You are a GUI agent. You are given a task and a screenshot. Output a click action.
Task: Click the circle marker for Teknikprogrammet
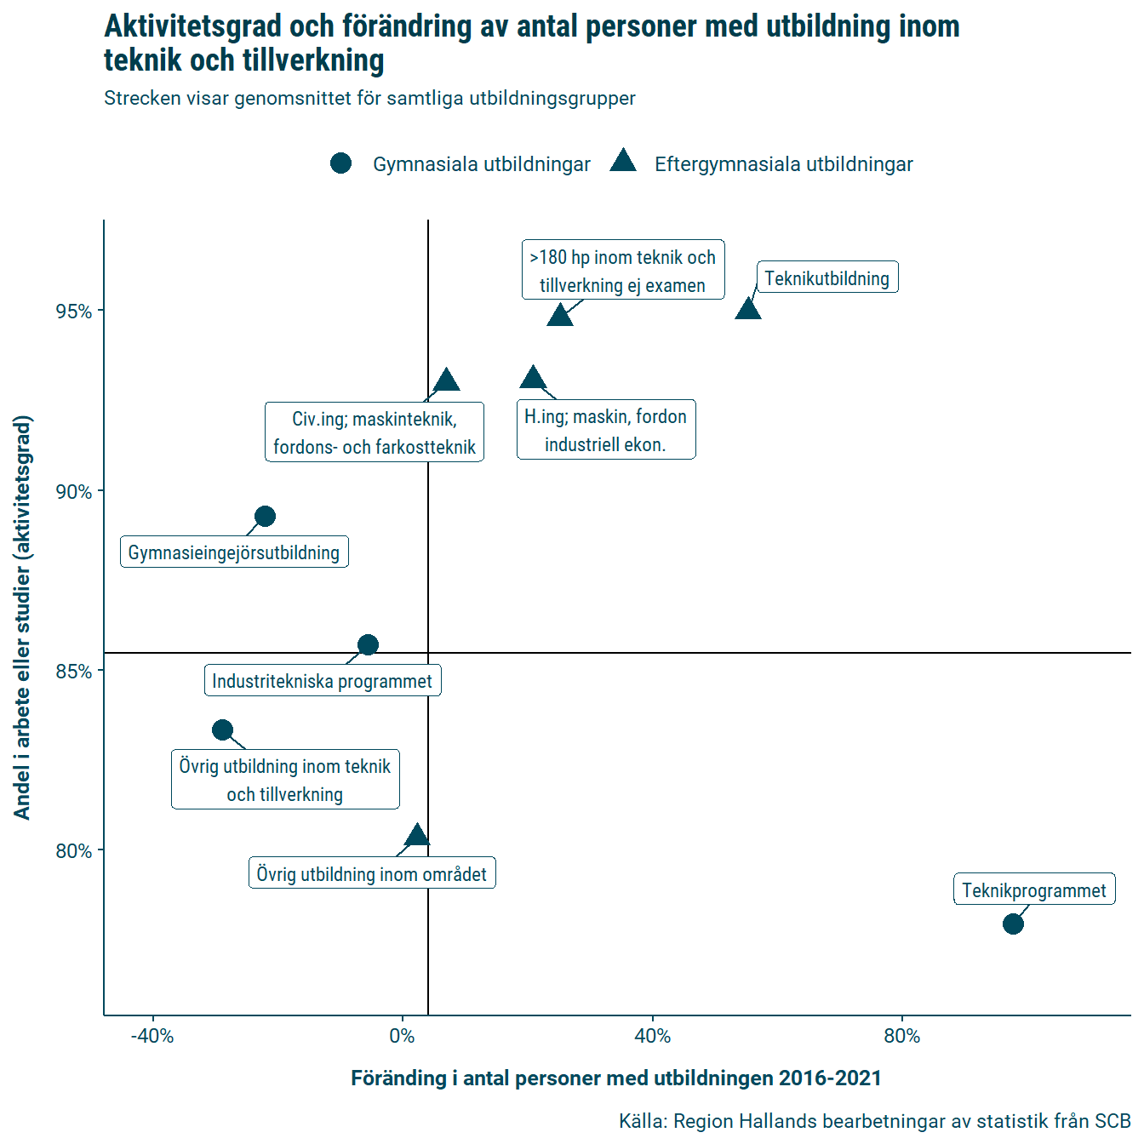[x=1013, y=924]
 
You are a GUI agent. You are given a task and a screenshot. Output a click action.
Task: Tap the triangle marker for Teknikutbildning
[x=747, y=309]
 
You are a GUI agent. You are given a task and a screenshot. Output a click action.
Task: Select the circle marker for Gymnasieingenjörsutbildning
[x=265, y=517]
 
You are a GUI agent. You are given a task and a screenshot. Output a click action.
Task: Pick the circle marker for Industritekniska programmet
[x=368, y=644]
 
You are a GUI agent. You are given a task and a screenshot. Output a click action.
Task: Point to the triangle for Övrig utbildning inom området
[x=417, y=836]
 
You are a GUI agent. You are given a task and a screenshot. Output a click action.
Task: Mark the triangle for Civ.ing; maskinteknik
[x=446, y=380]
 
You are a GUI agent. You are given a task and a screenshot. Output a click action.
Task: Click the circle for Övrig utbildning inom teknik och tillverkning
[x=222, y=729]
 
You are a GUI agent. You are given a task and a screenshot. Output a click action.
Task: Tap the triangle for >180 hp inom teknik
[x=560, y=316]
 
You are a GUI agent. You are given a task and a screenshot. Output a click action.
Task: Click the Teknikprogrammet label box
[x=1034, y=889]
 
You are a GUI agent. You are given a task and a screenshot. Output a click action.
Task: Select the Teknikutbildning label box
[x=827, y=277]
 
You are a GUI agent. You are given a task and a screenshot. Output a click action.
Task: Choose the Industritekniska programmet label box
[x=323, y=681]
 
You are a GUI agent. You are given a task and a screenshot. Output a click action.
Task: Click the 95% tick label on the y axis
[x=74, y=312]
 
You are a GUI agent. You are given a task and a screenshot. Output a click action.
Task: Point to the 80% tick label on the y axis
[x=74, y=851]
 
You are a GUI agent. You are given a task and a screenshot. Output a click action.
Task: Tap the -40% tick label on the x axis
[x=152, y=1036]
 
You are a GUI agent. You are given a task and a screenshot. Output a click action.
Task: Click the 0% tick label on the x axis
[x=402, y=1036]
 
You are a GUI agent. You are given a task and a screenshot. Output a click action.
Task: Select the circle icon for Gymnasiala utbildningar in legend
[x=340, y=163]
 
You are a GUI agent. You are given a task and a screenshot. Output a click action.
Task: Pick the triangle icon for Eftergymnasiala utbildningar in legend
[x=623, y=162]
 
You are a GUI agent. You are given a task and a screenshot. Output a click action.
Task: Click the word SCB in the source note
[x=1113, y=1121]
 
